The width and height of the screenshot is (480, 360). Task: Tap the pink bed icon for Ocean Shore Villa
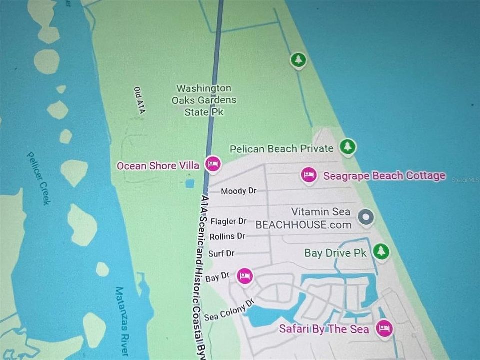(213, 164)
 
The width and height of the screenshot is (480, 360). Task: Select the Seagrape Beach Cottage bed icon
(309, 175)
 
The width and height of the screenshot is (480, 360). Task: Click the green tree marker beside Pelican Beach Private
(347, 147)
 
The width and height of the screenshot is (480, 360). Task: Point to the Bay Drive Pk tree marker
(381, 251)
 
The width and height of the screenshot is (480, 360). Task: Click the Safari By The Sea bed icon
(384, 328)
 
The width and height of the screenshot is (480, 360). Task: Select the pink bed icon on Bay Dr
(244, 276)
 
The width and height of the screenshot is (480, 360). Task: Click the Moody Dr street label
(238, 191)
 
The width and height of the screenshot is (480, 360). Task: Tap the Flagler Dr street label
(229, 221)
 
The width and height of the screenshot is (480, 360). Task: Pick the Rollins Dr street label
(227, 236)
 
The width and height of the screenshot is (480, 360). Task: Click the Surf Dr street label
(221, 253)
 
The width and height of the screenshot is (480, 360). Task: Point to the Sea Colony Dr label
(229, 309)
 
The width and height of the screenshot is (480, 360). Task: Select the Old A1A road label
(139, 101)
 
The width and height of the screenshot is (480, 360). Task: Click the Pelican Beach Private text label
(281, 148)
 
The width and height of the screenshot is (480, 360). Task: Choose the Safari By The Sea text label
(324, 329)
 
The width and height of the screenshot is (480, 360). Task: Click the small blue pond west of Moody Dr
(190, 183)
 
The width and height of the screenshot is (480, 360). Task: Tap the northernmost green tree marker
(299, 60)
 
